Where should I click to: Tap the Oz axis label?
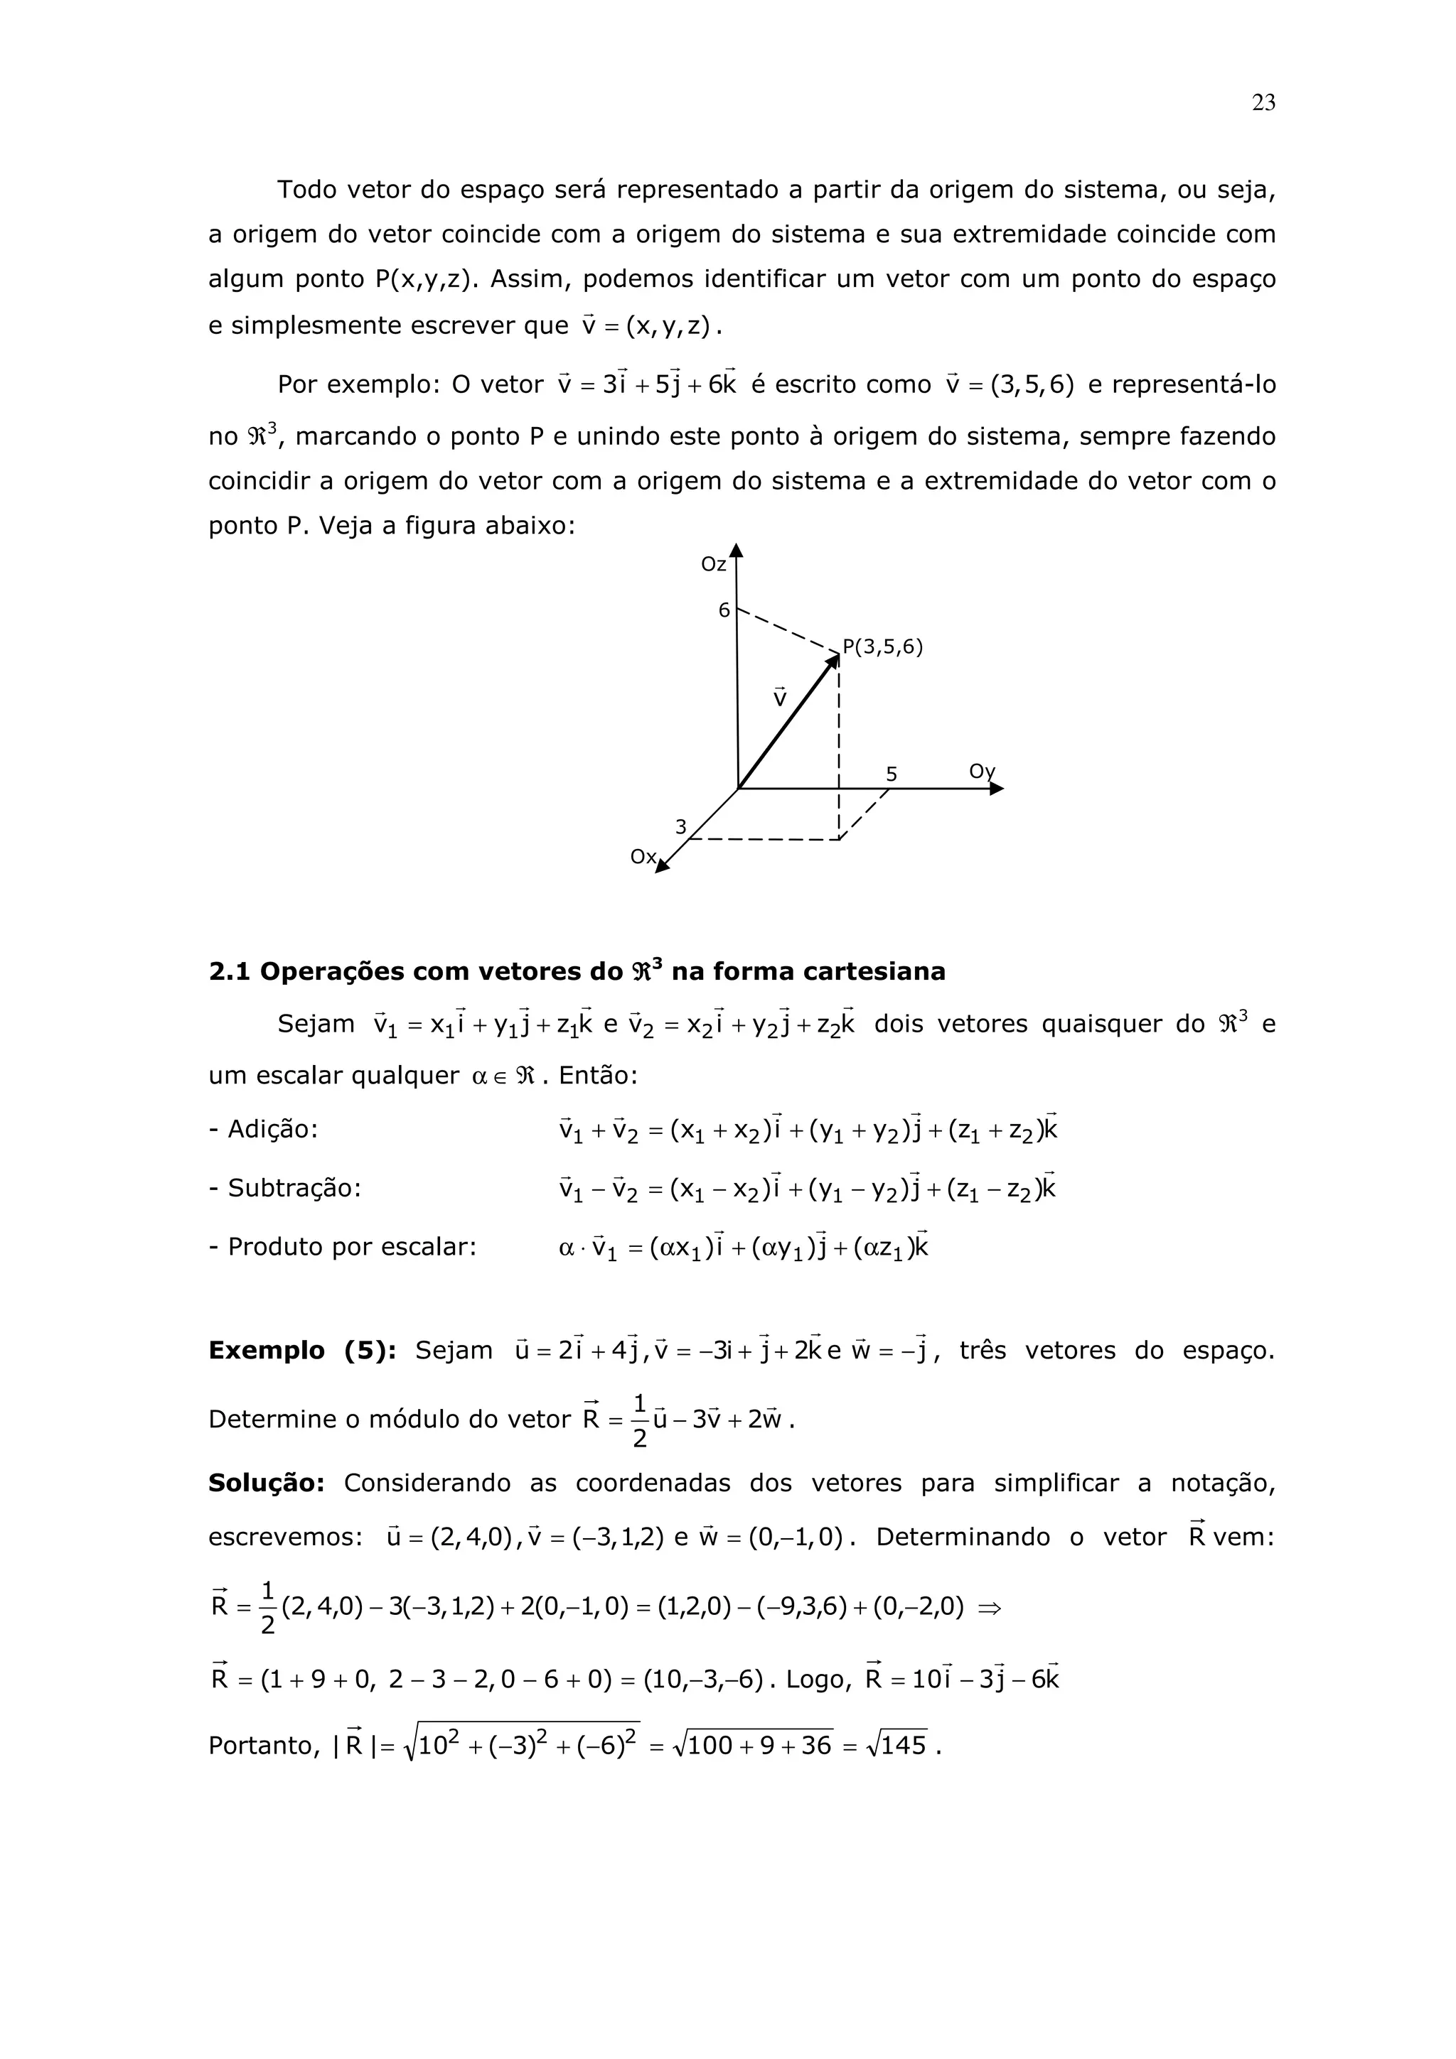713,565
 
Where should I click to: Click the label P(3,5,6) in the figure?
882,647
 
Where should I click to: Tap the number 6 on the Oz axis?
724,611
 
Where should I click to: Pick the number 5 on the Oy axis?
891,774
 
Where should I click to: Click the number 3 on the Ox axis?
681,827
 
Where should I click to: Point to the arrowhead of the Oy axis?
997,789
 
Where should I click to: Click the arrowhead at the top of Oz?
736,551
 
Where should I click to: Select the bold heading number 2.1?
230,972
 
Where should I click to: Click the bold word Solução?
267,1484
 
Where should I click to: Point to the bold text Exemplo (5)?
301,1351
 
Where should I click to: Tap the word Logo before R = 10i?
818,1679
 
